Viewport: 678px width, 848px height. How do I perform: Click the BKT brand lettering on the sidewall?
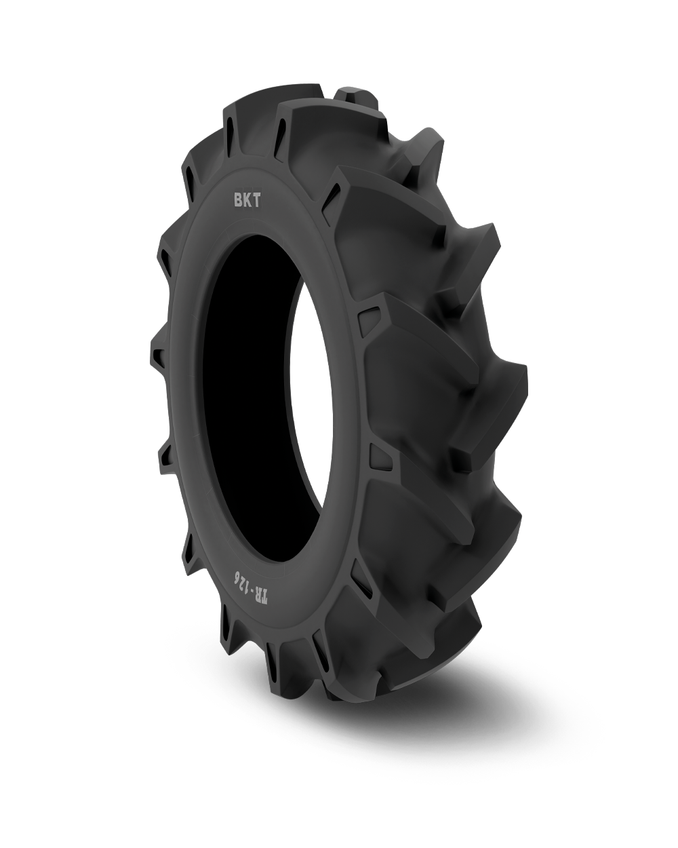coord(247,201)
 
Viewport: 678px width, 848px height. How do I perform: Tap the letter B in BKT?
coord(239,201)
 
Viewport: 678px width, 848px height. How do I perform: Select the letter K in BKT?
coord(247,201)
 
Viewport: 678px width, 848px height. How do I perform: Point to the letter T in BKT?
coord(256,201)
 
